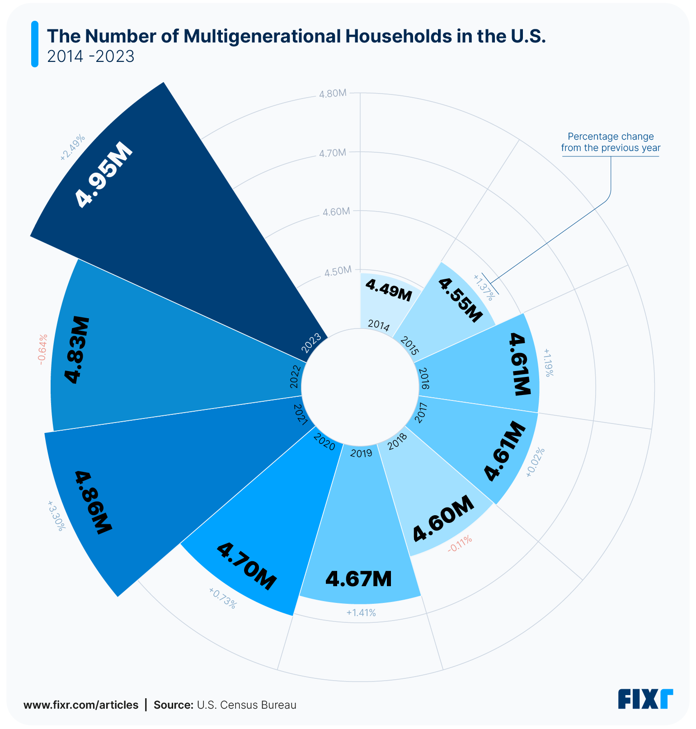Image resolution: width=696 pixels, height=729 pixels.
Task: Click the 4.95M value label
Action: click(x=104, y=175)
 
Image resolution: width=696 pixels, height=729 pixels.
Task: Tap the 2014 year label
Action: click(x=379, y=325)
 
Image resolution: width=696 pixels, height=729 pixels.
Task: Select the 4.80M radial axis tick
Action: click(x=333, y=94)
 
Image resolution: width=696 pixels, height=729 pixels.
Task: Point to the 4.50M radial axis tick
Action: click(x=338, y=271)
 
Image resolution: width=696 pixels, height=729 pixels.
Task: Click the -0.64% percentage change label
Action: click(x=42, y=350)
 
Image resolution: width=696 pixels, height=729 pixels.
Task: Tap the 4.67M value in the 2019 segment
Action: click(x=358, y=579)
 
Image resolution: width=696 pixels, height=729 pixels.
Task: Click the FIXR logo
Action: click(x=645, y=699)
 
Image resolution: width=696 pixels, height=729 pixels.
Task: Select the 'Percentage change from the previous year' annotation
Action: click(x=611, y=142)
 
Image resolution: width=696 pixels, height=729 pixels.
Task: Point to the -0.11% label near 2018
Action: click(x=460, y=544)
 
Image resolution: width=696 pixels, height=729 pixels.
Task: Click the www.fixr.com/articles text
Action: click(x=81, y=705)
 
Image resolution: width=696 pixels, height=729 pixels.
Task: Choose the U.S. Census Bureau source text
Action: click(x=247, y=705)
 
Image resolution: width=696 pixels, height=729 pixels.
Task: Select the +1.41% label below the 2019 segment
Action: click(x=361, y=613)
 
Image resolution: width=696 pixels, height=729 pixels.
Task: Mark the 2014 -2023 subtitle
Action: click(x=91, y=56)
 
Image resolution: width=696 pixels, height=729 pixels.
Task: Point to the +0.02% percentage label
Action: click(x=536, y=462)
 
